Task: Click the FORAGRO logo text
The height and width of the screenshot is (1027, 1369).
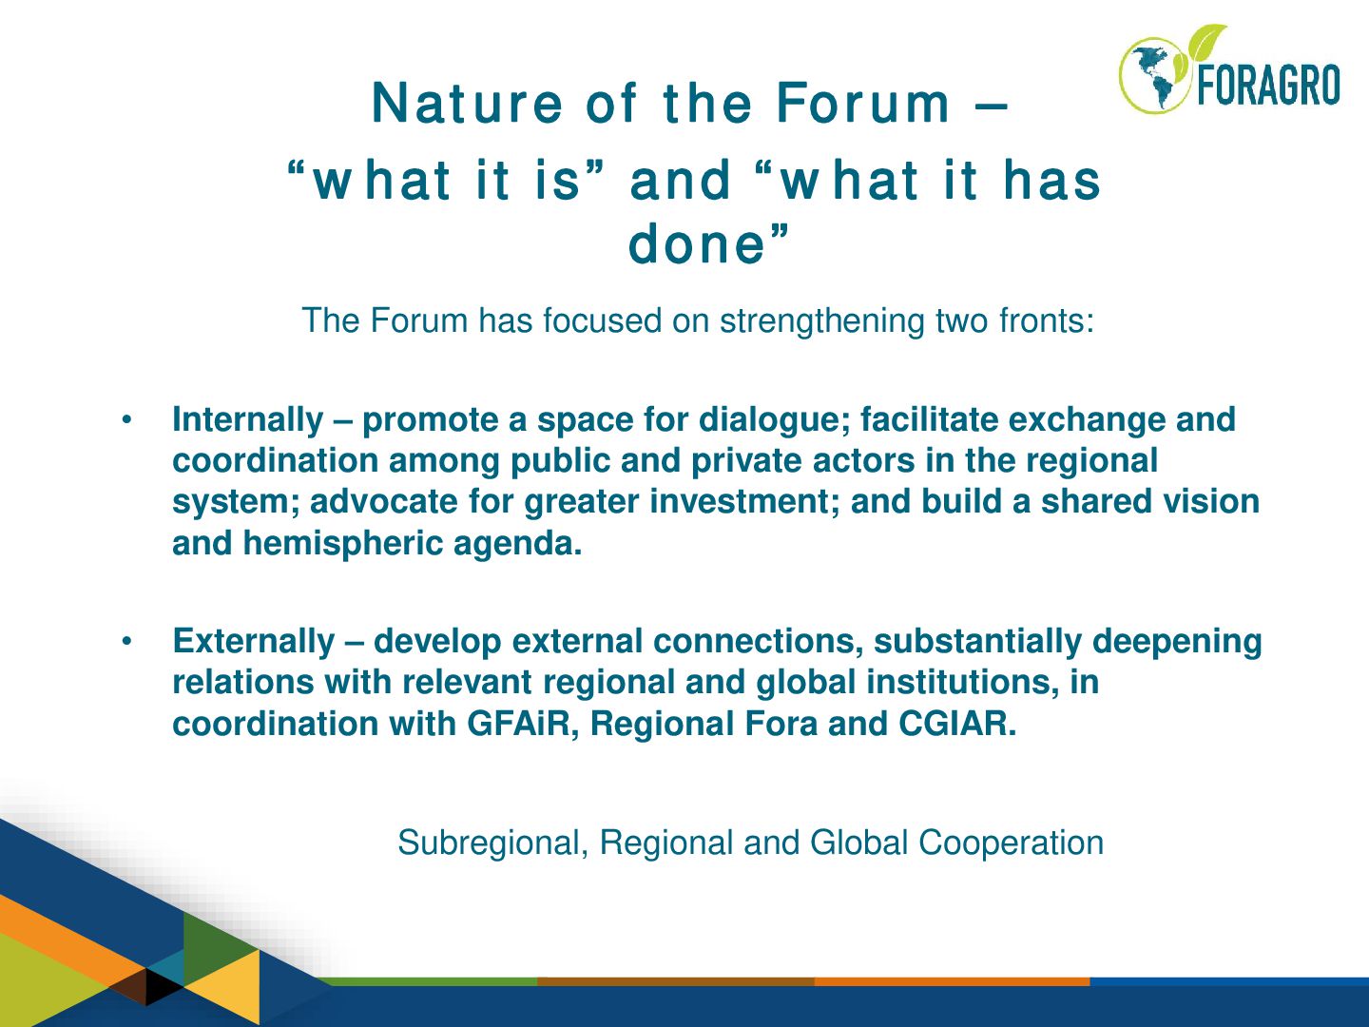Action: pyautogui.click(x=1268, y=85)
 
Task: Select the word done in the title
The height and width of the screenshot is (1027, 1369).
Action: pyautogui.click(x=697, y=242)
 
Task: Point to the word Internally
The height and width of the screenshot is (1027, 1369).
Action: pyautogui.click(x=247, y=419)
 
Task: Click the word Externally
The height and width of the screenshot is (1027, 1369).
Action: pyautogui.click(x=254, y=641)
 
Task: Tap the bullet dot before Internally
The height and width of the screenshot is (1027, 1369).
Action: pyautogui.click(x=127, y=419)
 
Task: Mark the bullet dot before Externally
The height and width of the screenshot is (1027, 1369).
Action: pyautogui.click(x=127, y=641)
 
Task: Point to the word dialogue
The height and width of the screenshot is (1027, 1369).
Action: pyautogui.click(x=775, y=420)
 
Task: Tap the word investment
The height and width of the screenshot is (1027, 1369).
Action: pyautogui.click(x=744, y=502)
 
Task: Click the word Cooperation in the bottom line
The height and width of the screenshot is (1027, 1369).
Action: pyautogui.click(x=1011, y=843)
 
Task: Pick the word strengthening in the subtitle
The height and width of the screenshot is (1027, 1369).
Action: pyautogui.click(x=822, y=321)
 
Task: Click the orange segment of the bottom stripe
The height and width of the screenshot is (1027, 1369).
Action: pyautogui.click(x=952, y=981)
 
